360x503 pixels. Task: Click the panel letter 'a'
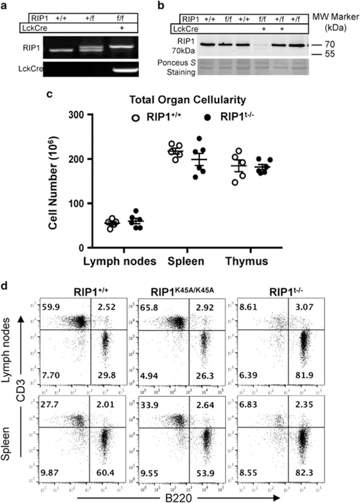tap(5, 5)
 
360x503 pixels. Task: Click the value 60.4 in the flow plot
tap(102, 469)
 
